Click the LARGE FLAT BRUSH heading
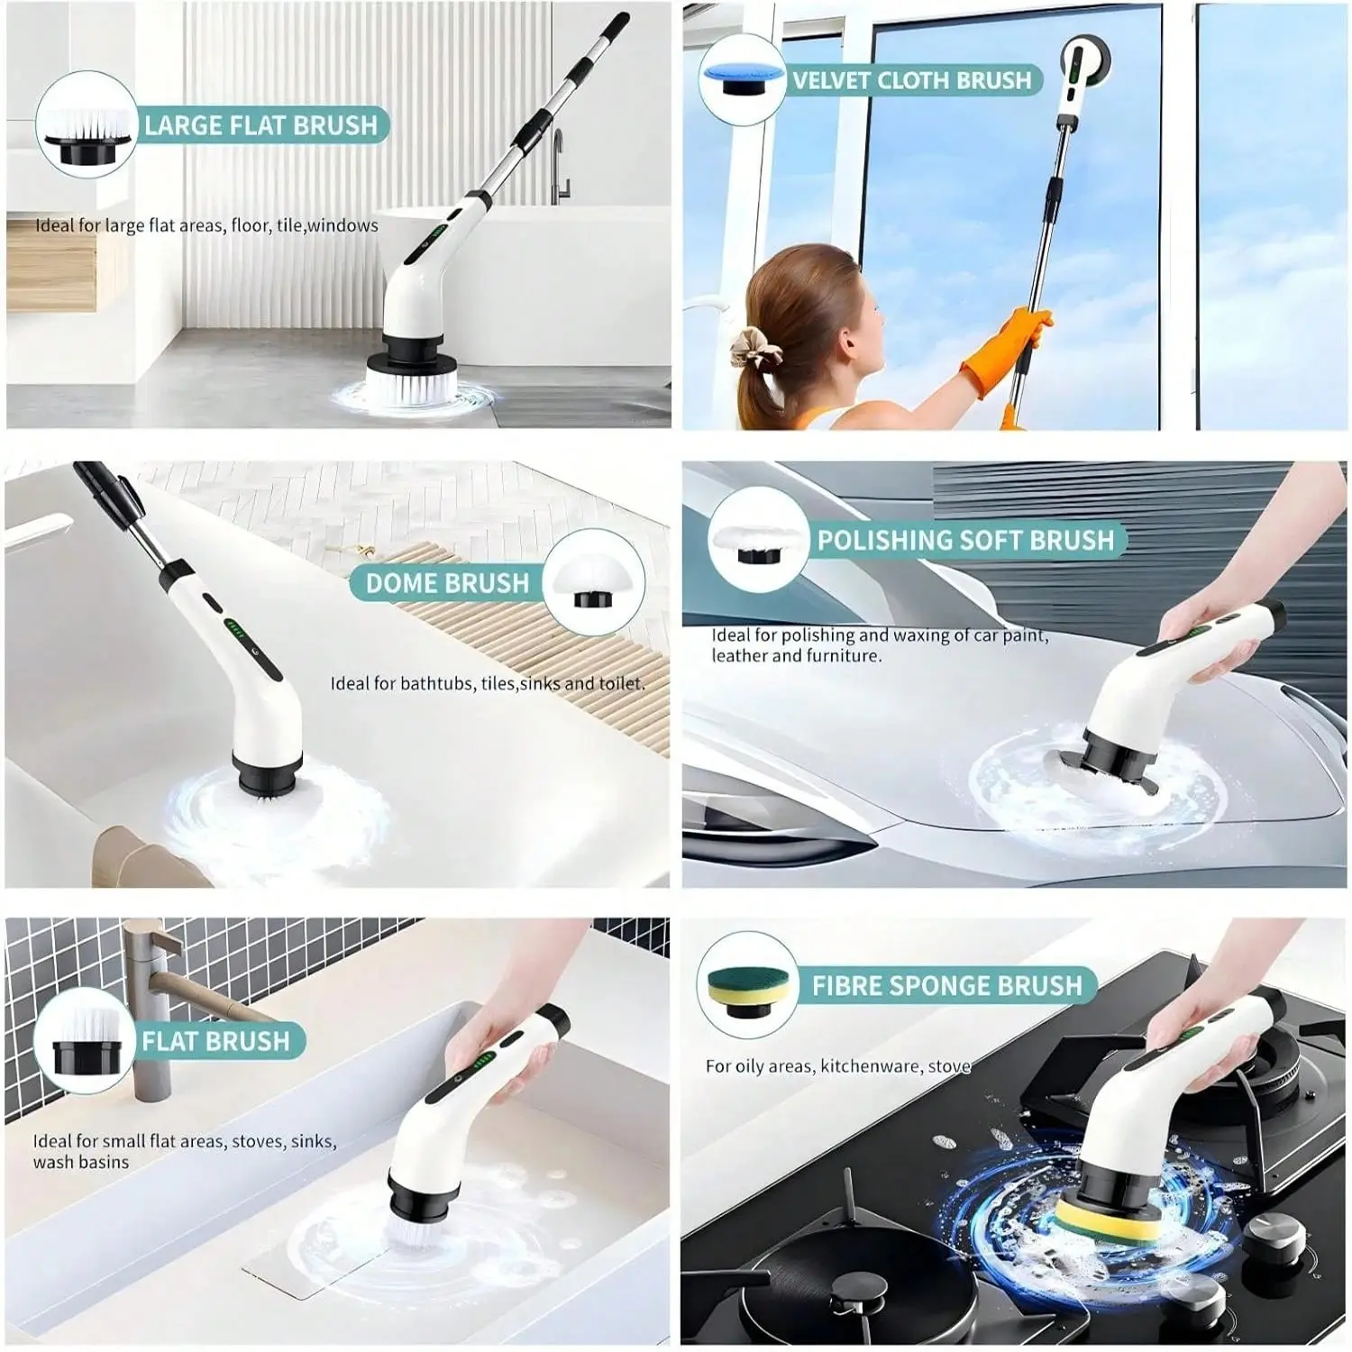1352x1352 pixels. (x=260, y=125)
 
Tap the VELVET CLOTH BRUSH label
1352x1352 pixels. (x=911, y=80)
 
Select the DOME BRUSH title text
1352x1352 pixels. (x=447, y=583)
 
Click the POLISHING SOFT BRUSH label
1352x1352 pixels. (x=965, y=540)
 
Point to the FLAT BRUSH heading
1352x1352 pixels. (x=215, y=1041)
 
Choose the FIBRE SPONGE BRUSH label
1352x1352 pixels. (x=946, y=985)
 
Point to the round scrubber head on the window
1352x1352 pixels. (x=1085, y=61)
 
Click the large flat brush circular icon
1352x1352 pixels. (x=86, y=124)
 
